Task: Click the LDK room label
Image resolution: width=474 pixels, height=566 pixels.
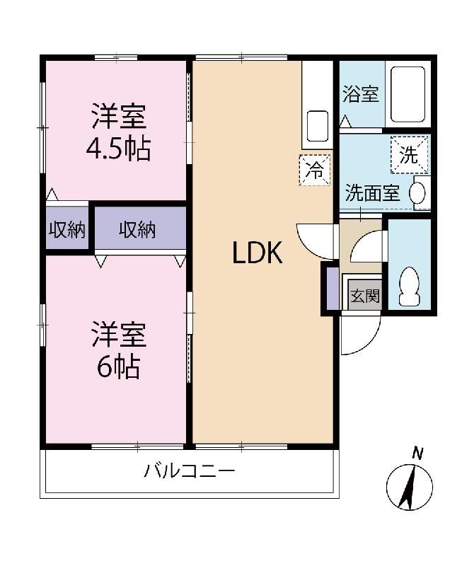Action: [x=257, y=253]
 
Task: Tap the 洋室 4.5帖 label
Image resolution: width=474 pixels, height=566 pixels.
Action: [x=118, y=132]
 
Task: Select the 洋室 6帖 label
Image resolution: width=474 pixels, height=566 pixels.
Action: [x=118, y=350]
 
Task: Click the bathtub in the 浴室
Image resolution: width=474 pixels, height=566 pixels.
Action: [x=408, y=95]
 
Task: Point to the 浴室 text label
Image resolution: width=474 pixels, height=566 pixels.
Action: [x=360, y=94]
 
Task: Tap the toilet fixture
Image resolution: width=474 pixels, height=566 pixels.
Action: [x=410, y=287]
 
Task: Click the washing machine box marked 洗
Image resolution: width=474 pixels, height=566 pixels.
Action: [x=410, y=155]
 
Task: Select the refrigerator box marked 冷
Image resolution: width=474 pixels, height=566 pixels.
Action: [x=314, y=170]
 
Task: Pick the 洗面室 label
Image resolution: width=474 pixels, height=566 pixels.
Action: [x=373, y=192]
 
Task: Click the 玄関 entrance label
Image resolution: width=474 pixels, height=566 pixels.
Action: [x=365, y=296]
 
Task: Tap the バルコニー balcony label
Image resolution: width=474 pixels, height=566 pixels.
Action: [x=189, y=471]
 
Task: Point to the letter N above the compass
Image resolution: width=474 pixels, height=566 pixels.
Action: [x=418, y=454]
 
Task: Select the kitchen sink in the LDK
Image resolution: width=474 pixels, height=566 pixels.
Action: [x=318, y=126]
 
